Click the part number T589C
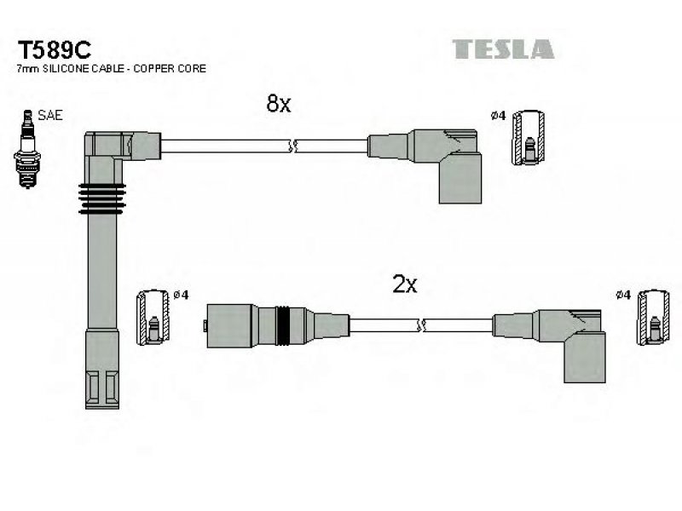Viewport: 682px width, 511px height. [x=55, y=50]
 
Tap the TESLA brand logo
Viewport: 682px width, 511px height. [x=503, y=49]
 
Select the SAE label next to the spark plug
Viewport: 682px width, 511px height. [x=50, y=115]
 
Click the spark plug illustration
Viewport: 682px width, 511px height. [x=27, y=148]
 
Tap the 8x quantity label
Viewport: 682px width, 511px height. [x=279, y=103]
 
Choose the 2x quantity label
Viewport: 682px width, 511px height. [x=404, y=284]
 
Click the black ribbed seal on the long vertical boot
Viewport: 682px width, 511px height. [x=102, y=198]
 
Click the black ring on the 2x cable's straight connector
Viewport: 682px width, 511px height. [x=283, y=326]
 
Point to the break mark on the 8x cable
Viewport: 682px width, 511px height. [x=292, y=146]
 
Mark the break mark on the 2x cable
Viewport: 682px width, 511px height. [x=420, y=325]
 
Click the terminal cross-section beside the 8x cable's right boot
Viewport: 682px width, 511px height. [x=528, y=138]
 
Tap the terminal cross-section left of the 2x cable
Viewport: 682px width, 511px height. [x=153, y=317]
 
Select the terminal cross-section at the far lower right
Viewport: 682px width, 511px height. [x=653, y=317]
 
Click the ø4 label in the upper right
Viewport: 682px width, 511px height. [x=498, y=116]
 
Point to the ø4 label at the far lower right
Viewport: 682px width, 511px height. [x=623, y=295]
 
